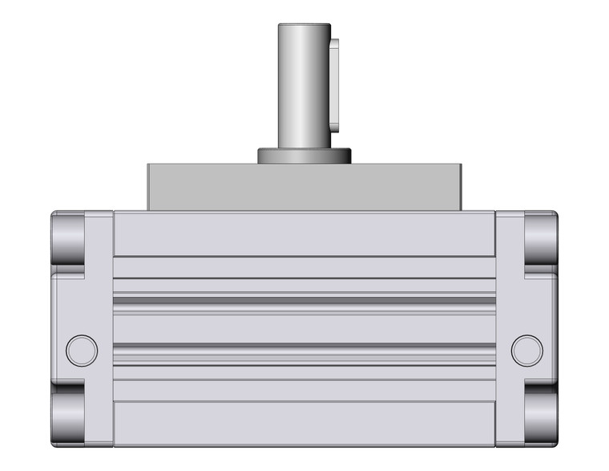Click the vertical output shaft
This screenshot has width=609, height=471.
click(303, 88)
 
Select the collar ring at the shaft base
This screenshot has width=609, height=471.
click(304, 156)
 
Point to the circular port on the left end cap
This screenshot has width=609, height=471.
click(82, 350)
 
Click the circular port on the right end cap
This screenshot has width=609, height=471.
click(526, 350)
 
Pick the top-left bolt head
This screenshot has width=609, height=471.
click(68, 238)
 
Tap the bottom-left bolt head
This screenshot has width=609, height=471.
click(68, 418)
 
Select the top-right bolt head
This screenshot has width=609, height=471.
click(541, 238)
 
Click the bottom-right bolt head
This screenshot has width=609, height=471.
click(541, 418)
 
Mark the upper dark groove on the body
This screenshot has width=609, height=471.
click(304, 300)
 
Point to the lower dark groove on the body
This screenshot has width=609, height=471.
click(304, 346)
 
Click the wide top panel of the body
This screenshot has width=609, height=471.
click(304, 234)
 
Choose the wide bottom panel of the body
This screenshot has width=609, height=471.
click(304, 422)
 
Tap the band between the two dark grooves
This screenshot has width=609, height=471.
click(304, 323)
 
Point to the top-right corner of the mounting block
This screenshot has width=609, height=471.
click(460, 166)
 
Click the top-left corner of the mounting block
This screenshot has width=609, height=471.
click(149, 166)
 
